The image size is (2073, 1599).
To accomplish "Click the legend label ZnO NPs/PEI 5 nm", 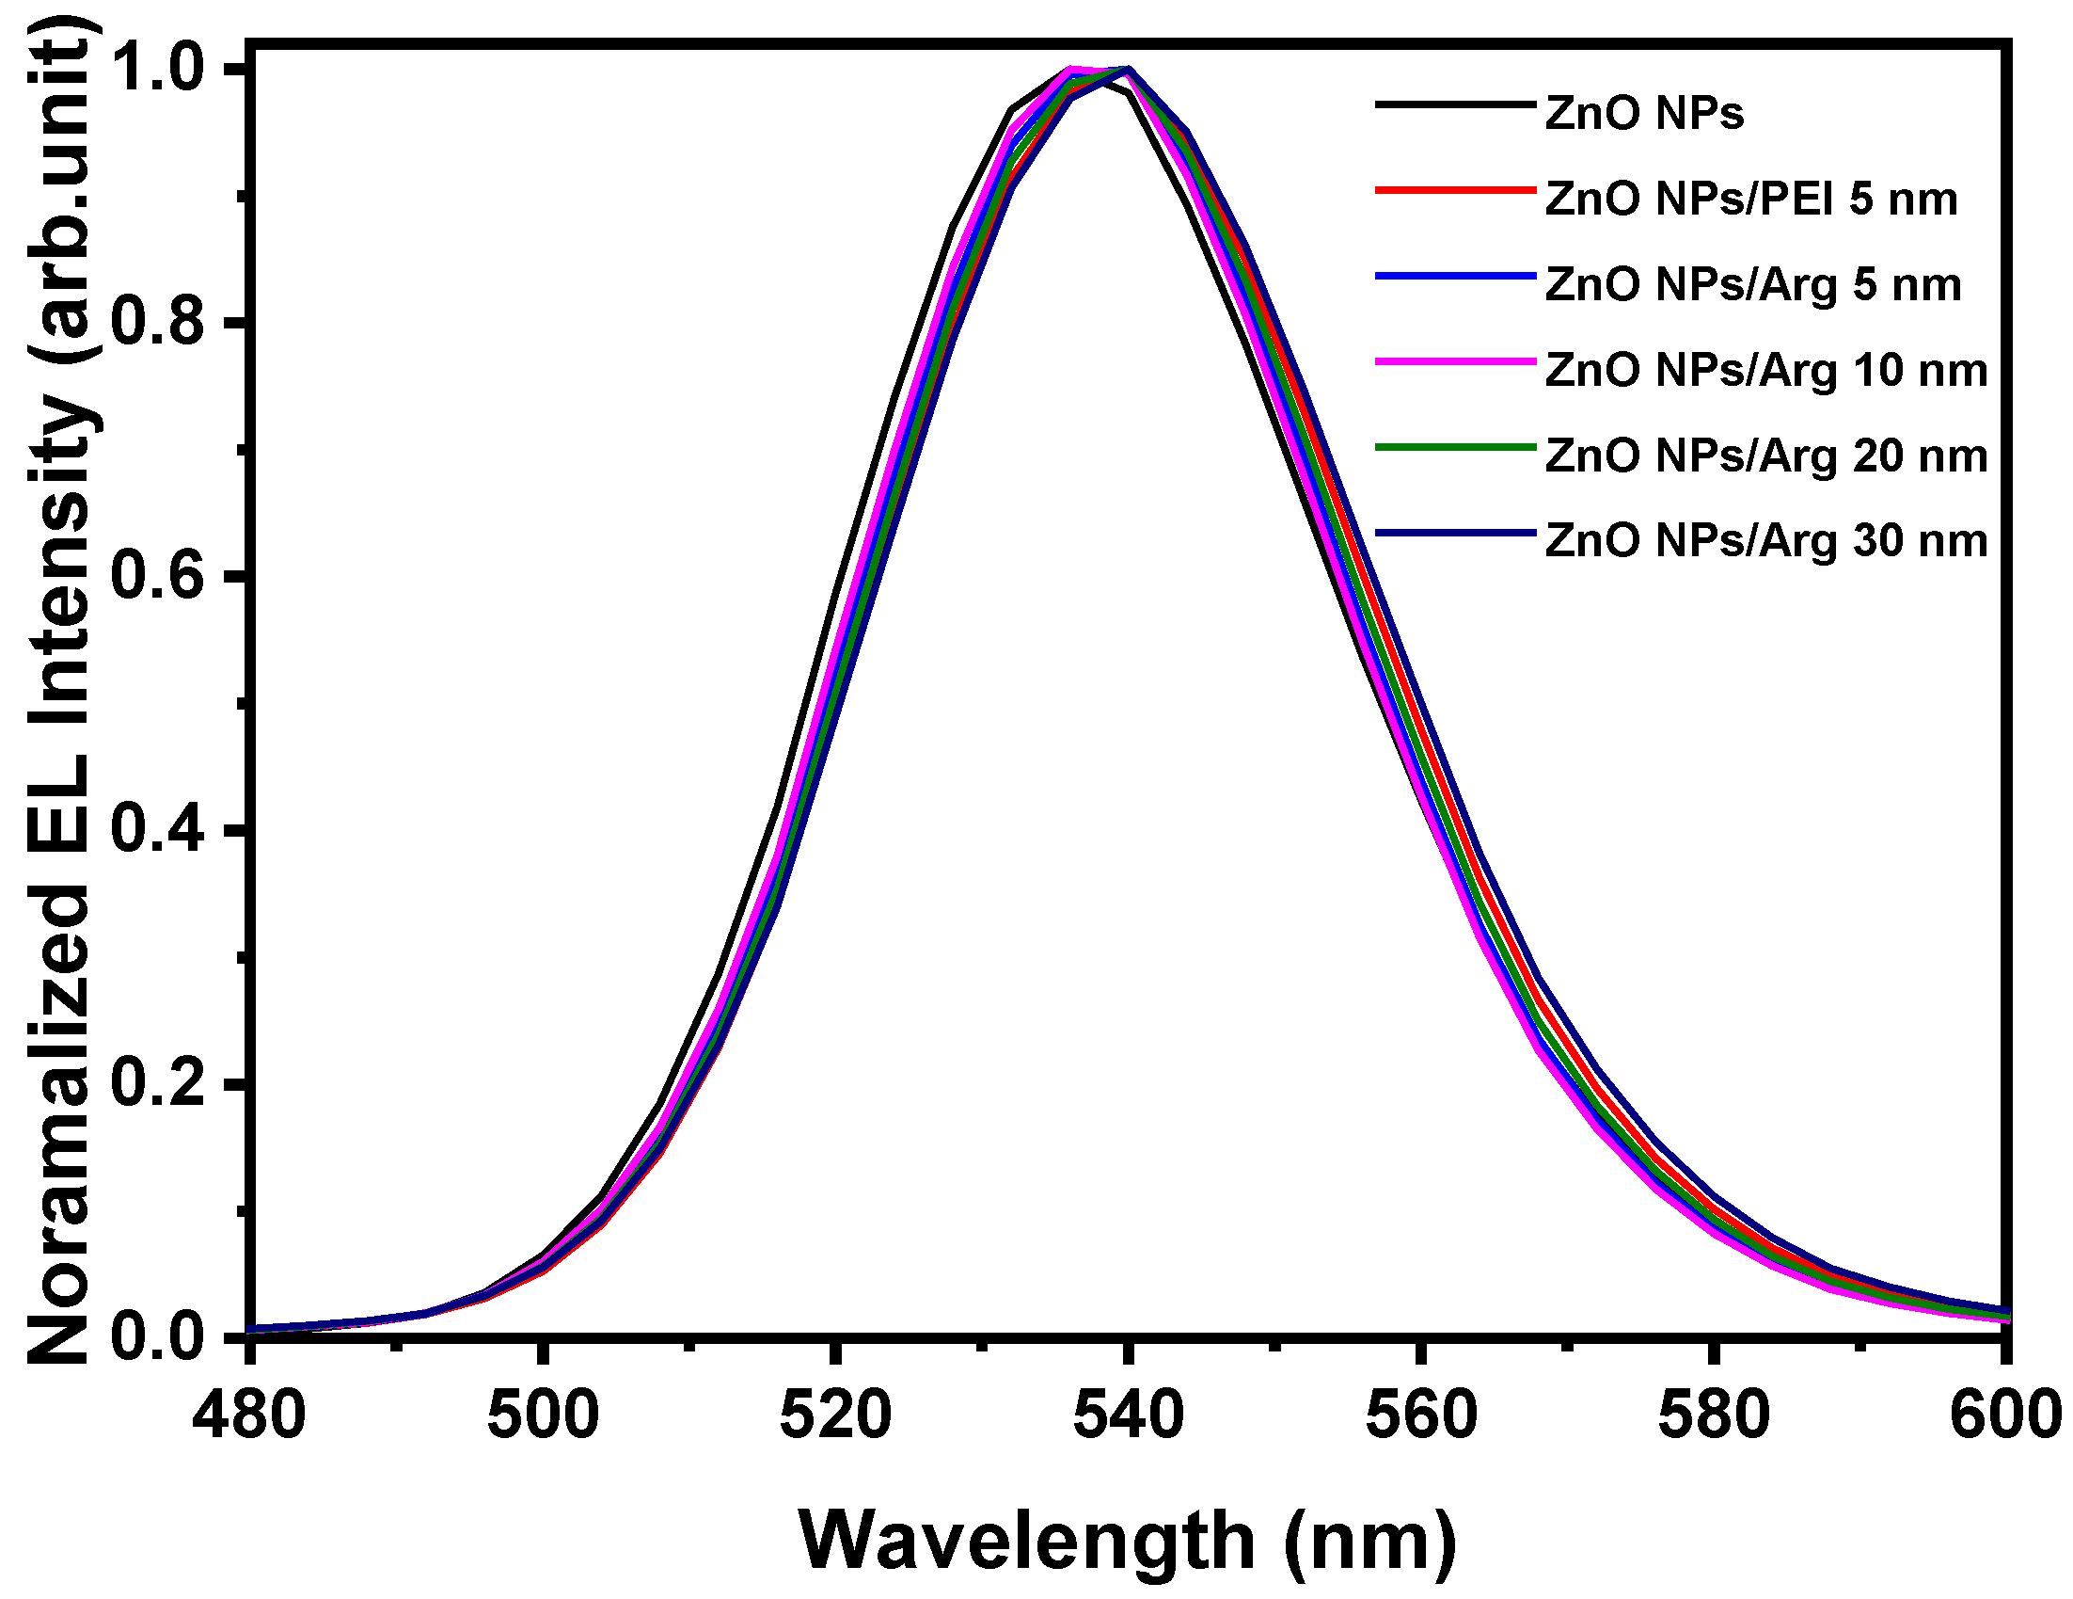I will point(1751,200).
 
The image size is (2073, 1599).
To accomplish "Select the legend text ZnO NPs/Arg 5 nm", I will point(1753,285).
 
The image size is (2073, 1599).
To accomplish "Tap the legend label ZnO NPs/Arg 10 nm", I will point(1766,370).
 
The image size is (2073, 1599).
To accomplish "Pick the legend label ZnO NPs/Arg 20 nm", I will point(1766,456).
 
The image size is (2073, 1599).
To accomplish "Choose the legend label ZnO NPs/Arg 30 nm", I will point(1766,541).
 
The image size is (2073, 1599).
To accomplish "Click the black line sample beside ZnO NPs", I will point(1455,104).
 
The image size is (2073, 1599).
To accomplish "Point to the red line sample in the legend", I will point(1455,190).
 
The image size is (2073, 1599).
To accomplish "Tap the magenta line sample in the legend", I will point(1455,360).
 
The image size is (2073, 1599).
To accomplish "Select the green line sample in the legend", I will point(1455,446).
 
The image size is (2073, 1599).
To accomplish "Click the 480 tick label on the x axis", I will point(248,1415).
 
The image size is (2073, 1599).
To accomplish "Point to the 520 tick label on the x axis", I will point(835,1415).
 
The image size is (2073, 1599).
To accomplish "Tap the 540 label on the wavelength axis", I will point(1129,1415).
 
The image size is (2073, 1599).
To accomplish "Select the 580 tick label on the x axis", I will point(1715,1415).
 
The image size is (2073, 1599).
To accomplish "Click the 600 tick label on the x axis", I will point(2004,1415).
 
